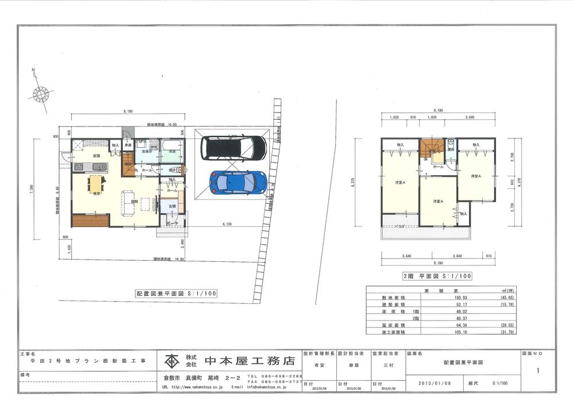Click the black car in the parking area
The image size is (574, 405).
pos(233,149)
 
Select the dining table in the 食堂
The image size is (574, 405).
pos(95,183)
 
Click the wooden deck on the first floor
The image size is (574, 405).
pos(91,219)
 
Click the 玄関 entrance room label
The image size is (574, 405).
pos(172,206)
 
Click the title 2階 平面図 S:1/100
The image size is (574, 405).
pos(437,276)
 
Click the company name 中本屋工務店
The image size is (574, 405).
pos(249,361)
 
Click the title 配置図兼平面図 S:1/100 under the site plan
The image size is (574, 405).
pos(176,293)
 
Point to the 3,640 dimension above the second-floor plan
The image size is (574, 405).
pos(470,117)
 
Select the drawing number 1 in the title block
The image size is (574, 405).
pos(537,371)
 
